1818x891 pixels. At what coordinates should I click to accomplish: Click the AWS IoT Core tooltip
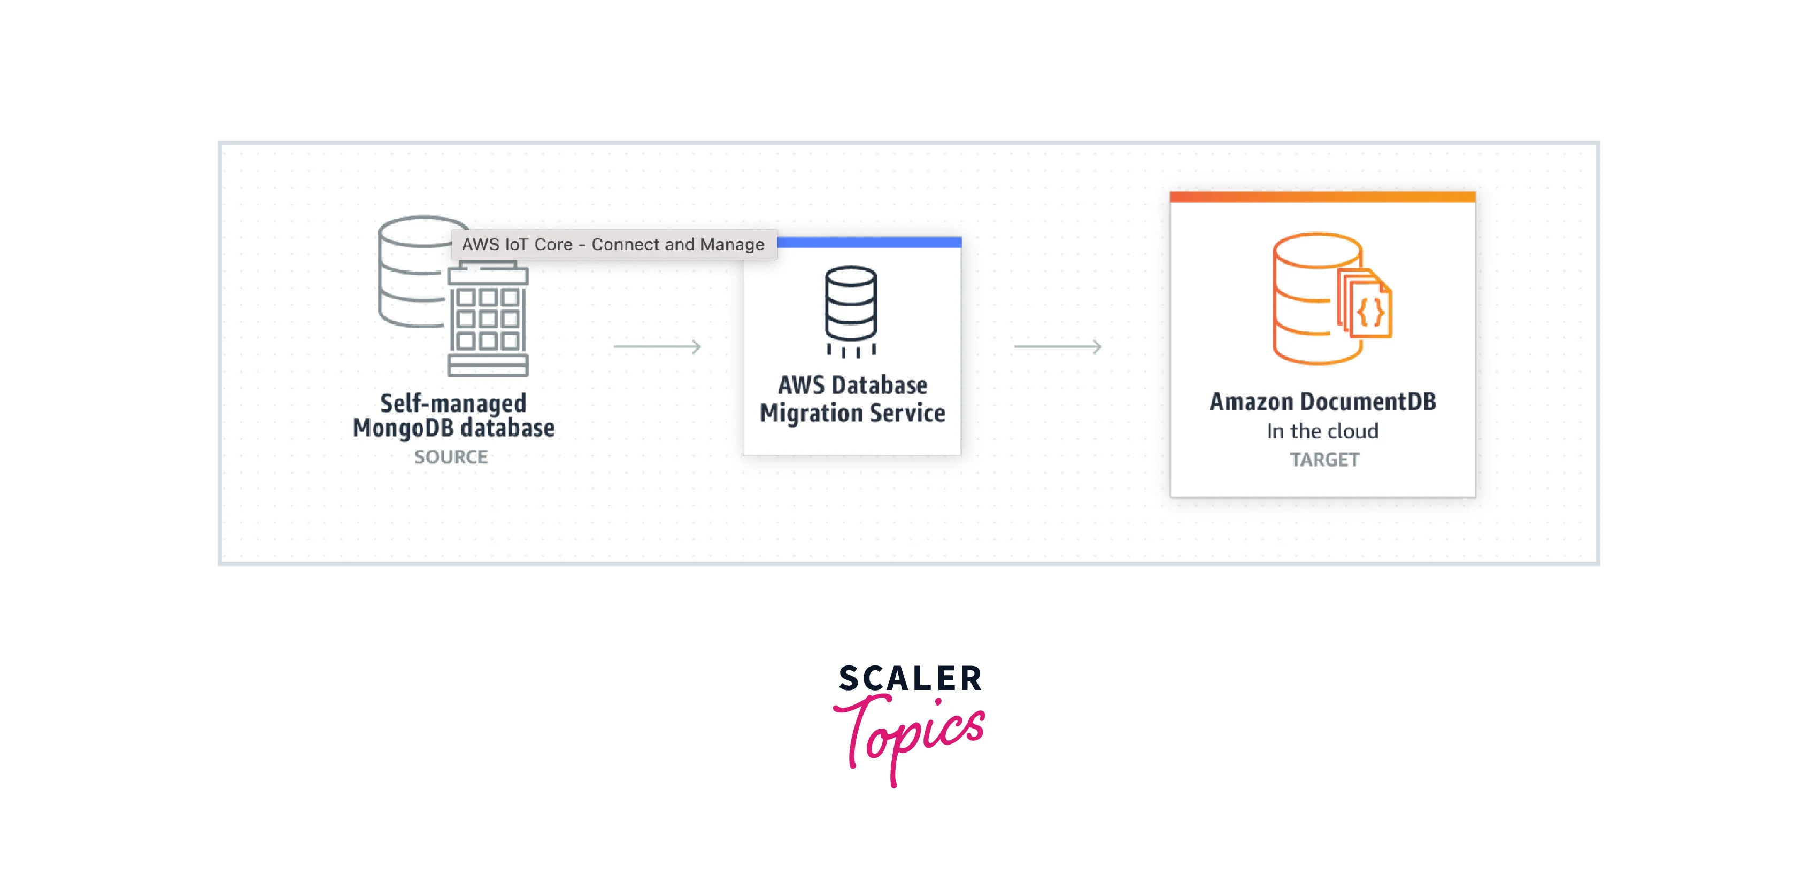(613, 244)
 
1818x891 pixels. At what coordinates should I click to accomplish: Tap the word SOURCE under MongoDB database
(451, 457)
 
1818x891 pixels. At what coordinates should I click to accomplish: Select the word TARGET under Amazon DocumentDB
(1324, 460)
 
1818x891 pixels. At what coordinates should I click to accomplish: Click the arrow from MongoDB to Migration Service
(657, 346)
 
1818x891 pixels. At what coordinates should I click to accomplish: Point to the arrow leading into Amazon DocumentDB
(1057, 346)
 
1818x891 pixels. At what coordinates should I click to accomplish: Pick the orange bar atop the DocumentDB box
(1322, 197)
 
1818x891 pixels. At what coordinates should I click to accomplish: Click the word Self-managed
(453, 404)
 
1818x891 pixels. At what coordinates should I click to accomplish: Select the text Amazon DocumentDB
(1322, 402)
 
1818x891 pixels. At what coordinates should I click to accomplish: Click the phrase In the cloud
(1322, 431)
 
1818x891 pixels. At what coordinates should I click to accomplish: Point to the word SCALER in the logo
(910, 679)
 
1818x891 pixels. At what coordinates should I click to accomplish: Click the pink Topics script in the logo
(910, 734)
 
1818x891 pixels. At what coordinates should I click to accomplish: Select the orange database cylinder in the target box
(1306, 300)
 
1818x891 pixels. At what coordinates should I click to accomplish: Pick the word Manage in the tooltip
(732, 244)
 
